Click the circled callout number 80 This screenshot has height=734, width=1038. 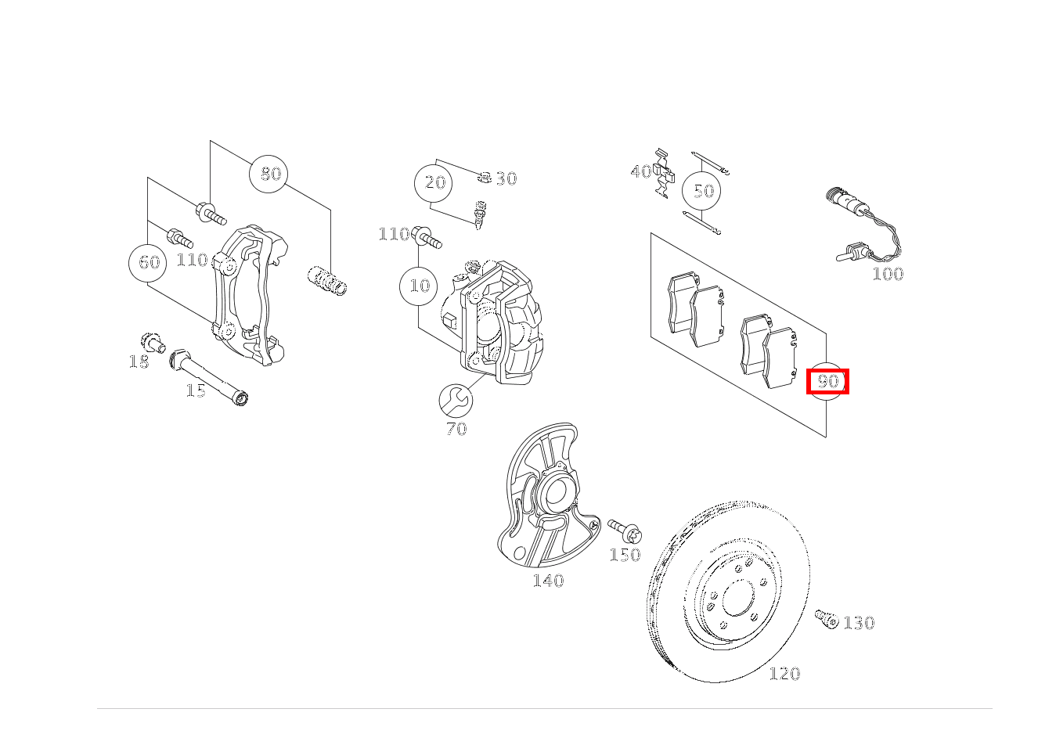pos(269,174)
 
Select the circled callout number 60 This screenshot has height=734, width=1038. pos(148,262)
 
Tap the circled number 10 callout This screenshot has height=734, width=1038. pos(420,286)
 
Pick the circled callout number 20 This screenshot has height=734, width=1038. pos(434,183)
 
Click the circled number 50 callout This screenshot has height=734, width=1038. pos(702,191)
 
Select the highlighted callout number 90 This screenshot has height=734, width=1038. pos(827,382)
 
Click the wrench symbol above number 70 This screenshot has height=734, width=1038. pos(455,401)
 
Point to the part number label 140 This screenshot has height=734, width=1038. pos(548,581)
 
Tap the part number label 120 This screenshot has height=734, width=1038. pos(784,674)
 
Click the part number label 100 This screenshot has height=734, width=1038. pos(887,274)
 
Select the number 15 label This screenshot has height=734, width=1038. pos(196,390)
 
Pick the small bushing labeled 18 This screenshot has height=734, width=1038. pos(151,342)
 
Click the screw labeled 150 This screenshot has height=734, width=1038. pos(625,531)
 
